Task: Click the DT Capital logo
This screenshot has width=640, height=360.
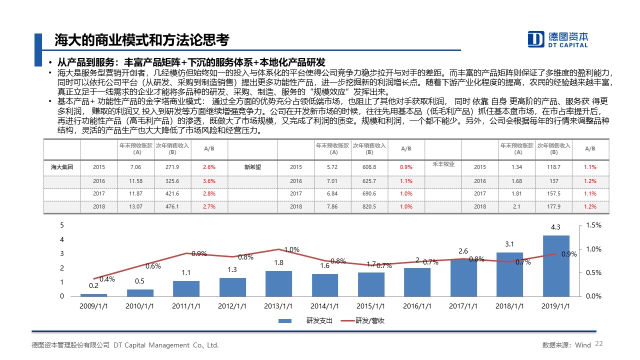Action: click(558, 39)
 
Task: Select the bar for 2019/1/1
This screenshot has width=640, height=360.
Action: click(556, 265)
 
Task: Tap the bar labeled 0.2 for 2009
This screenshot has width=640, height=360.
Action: click(93, 294)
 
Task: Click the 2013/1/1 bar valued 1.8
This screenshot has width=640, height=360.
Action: click(279, 283)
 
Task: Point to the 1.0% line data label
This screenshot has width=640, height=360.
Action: click(291, 249)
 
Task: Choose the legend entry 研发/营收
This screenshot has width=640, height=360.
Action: click(370, 320)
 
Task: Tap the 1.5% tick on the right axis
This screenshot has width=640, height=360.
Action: click(593, 225)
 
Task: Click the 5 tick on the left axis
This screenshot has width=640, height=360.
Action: click(62, 225)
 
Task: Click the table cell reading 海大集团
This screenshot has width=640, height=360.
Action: click(62, 167)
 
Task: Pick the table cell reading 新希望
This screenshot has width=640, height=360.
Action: click(252, 167)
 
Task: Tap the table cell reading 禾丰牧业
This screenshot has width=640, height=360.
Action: click(443, 164)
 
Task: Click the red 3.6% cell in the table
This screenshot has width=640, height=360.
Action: click(209, 181)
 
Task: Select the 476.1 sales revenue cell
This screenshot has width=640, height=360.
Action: click(172, 206)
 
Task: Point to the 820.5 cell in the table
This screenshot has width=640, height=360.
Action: click(369, 206)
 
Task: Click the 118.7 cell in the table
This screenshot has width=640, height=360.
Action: click(554, 167)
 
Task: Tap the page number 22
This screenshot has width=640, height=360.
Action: click(599, 344)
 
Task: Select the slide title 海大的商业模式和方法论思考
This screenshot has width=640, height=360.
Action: click(141, 40)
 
